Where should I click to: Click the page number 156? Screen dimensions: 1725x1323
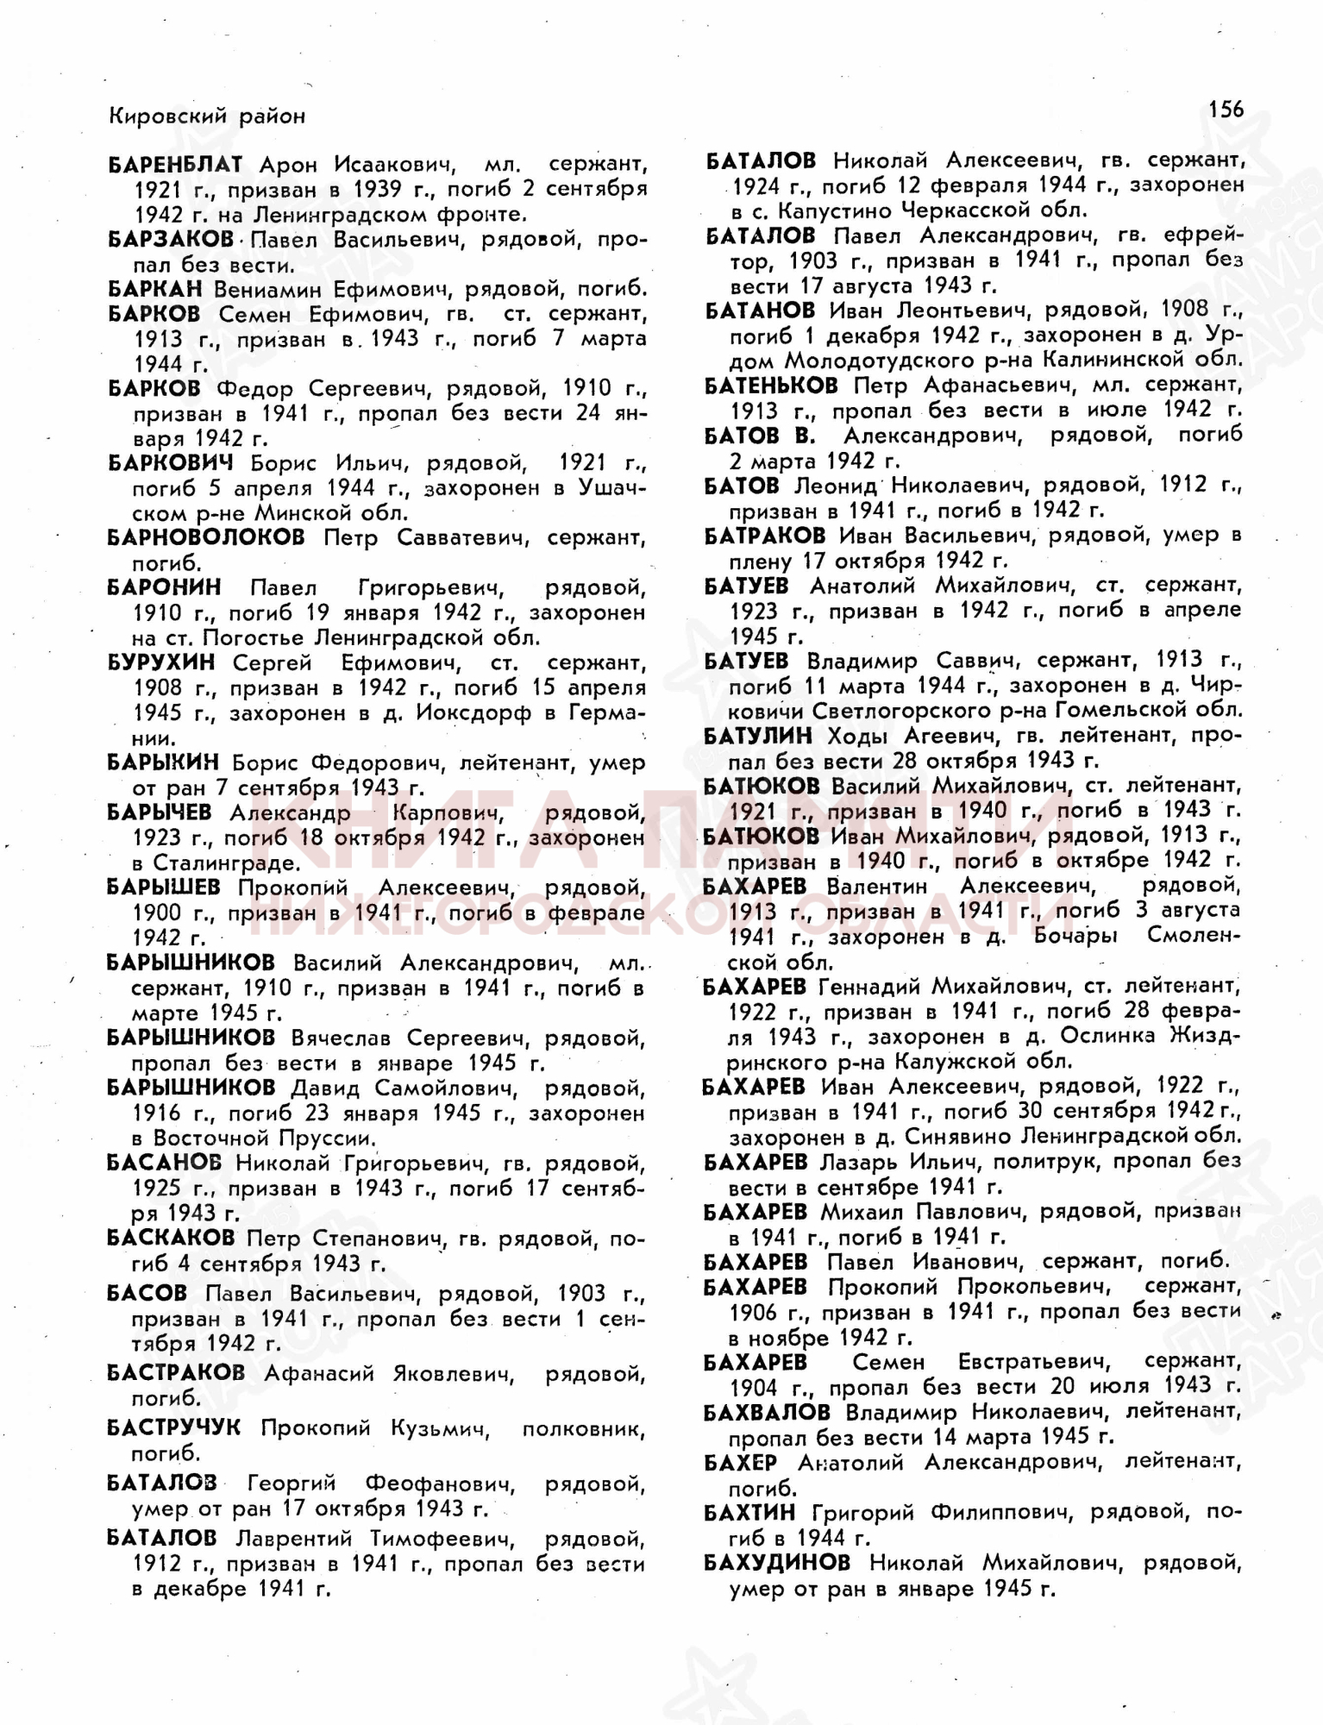point(1226,110)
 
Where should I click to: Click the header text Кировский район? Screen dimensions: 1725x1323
point(207,116)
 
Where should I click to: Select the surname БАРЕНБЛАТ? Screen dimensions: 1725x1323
point(175,164)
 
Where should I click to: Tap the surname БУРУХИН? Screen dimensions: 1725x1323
point(161,663)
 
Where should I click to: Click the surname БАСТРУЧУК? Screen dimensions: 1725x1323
point(174,1428)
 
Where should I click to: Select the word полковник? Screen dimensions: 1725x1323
point(583,1429)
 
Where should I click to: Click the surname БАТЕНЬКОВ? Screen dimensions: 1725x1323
point(771,385)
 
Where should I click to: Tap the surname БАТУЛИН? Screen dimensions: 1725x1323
point(758,736)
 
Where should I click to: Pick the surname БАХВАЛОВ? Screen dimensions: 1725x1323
point(767,1412)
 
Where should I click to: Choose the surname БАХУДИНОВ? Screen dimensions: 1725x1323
point(777,1562)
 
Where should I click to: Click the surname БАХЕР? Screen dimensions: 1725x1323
point(741,1463)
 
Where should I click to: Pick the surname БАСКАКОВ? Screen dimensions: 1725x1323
point(171,1239)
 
